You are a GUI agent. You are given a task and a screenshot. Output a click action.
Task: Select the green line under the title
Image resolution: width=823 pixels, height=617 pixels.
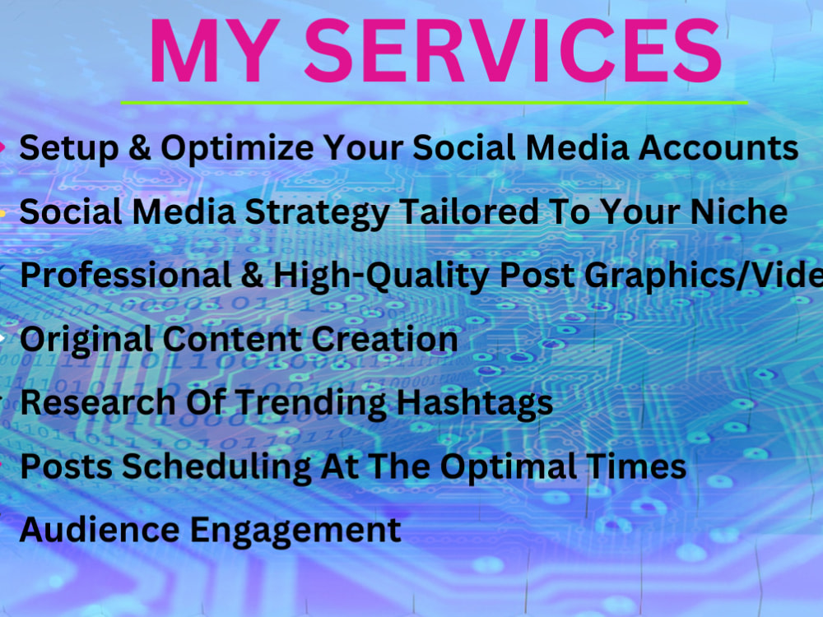click(434, 103)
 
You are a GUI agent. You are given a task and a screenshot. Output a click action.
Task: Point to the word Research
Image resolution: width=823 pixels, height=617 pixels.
click(87, 402)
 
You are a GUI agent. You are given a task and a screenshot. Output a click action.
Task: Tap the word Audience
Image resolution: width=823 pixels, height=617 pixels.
click(92, 529)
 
